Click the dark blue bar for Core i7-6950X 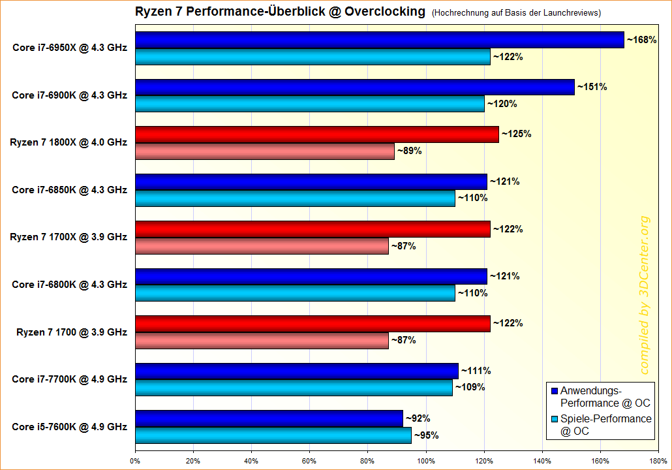click(379, 40)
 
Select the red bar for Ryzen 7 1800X click(316, 134)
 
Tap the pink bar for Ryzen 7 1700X click(262, 246)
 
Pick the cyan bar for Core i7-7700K click(294, 388)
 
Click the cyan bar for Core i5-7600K click(273, 435)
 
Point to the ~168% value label click(641, 40)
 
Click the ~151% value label click(592, 87)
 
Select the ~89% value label click(410, 151)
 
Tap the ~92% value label click(418, 418)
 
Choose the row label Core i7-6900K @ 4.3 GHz click(69, 95)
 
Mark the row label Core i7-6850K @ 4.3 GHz click(69, 190)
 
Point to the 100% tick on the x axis click(425, 460)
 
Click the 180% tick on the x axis click(658, 460)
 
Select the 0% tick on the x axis click(135, 460)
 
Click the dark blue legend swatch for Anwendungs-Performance click(555, 391)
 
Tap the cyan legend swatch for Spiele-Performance click(555, 419)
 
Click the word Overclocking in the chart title click(385, 12)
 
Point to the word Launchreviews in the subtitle click(567, 12)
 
